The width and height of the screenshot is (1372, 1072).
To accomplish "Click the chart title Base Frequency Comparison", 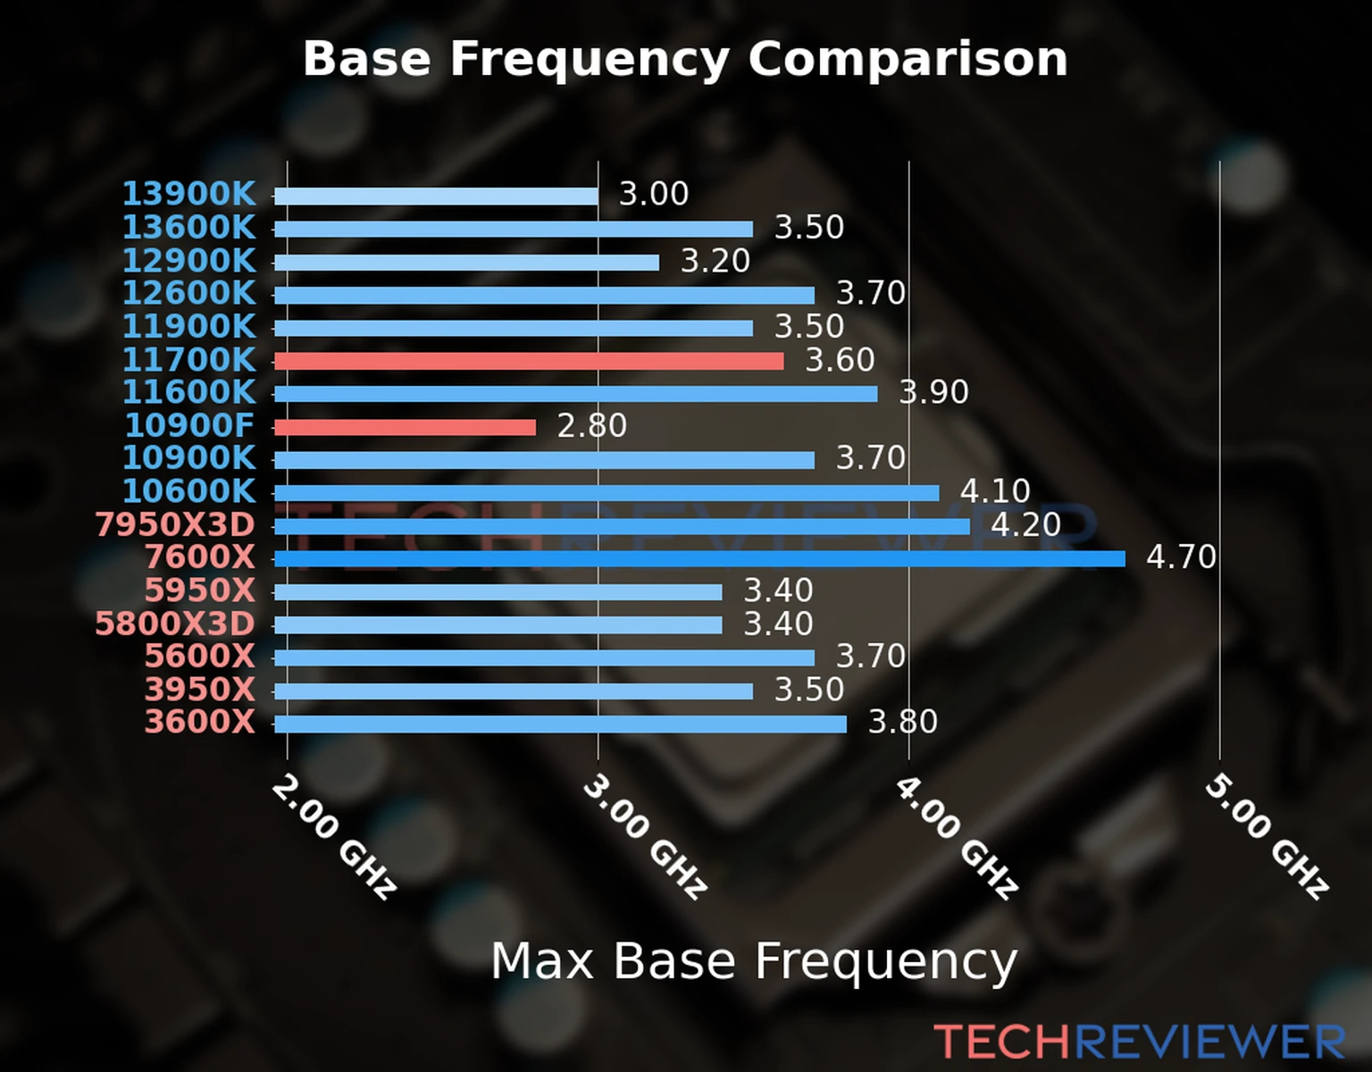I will point(685,59).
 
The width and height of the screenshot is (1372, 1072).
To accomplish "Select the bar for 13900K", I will point(436,197).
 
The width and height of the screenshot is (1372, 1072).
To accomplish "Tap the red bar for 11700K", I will point(529,361).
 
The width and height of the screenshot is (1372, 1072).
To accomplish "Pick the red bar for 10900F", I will point(405,427).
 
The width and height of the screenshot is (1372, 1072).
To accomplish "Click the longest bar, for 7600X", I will point(699,559).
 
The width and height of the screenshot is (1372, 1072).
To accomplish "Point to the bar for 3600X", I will point(560,724).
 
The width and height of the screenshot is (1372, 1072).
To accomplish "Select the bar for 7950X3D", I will point(622,526).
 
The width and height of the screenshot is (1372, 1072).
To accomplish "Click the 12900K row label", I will point(188,261).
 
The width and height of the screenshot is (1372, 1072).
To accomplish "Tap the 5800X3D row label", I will point(175,624).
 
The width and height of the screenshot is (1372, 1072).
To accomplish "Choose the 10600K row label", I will point(188,491).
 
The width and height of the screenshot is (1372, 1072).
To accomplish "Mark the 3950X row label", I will point(200,690).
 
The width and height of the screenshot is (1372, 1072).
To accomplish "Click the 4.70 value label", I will point(1181,557).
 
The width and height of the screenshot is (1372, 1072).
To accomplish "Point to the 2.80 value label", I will point(591,426).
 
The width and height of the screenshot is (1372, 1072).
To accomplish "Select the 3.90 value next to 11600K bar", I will point(933,392).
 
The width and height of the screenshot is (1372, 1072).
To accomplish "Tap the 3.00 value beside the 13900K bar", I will point(654,194).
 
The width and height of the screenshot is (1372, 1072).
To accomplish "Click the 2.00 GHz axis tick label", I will point(332,836).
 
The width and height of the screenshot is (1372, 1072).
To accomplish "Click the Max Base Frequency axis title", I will point(754,962).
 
